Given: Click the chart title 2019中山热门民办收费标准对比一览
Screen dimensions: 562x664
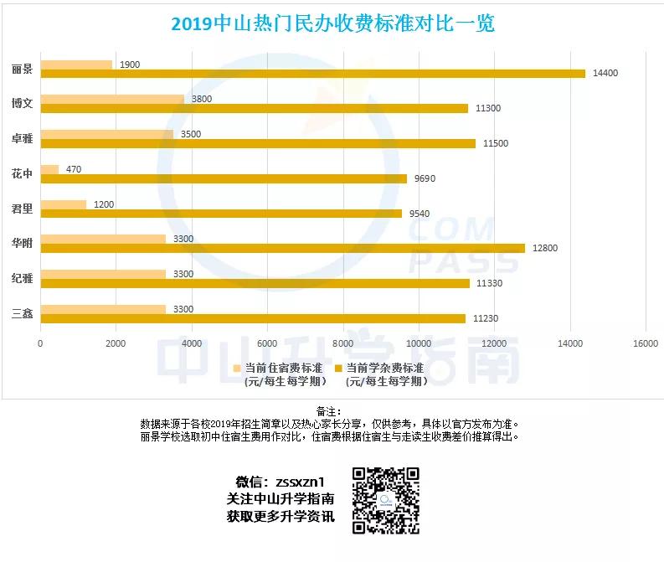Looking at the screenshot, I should click(x=332, y=23).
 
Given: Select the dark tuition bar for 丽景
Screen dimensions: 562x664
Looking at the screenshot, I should click(x=312, y=74).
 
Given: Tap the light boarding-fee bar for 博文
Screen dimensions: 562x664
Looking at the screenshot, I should click(x=112, y=99).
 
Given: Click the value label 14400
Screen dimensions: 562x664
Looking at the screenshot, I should click(x=605, y=74).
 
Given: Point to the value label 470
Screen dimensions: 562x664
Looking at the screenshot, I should click(x=74, y=169).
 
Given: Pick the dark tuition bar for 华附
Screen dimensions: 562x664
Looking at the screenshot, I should click(x=283, y=248).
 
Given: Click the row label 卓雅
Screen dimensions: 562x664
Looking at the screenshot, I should click(x=22, y=139).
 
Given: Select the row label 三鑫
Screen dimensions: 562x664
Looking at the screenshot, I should click(x=22, y=314).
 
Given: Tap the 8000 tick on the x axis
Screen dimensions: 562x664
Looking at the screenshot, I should click(x=343, y=343).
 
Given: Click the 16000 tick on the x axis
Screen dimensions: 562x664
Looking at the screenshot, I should click(x=645, y=343).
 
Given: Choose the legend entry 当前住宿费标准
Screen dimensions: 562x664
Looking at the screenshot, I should click(x=280, y=368).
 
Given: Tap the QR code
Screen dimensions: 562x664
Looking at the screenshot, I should click(x=386, y=501).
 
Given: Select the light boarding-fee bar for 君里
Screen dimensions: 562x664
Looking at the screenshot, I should click(x=64, y=204).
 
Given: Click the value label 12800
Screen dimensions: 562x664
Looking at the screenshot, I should click(x=544, y=249).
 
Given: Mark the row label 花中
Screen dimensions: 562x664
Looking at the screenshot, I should click(x=22, y=174).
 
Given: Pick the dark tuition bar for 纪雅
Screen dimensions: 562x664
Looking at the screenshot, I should click(x=255, y=283).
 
